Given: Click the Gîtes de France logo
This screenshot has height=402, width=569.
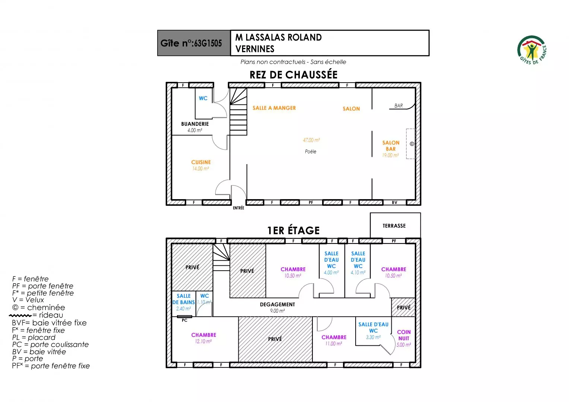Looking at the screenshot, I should click(x=532, y=50).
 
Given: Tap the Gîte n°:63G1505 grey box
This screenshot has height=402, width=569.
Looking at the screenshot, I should click(x=194, y=43).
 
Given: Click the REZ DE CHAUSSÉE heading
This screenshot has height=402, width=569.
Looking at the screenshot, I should click(x=293, y=75).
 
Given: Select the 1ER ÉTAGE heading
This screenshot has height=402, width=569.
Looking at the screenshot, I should click(x=293, y=230).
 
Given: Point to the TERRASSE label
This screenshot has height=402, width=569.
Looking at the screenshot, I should click(x=394, y=226).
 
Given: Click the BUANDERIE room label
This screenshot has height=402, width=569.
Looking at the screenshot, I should click(x=195, y=124).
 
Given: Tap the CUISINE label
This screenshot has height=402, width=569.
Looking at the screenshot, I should click(x=201, y=162).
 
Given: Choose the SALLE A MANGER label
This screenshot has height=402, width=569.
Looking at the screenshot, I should click(x=274, y=108).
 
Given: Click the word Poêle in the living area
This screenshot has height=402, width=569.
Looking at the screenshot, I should click(x=311, y=151).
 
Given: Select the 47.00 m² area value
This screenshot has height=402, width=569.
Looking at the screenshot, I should click(x=311, y=140).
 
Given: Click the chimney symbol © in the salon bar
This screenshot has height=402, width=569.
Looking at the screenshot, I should click(x=412, y=144).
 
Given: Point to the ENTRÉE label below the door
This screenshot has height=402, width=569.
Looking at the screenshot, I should click(x=238, y=208).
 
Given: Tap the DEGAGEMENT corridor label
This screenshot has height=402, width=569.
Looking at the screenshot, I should click(x=277, y=304).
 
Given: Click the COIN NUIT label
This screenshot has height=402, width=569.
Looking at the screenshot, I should click(x=404, y=335).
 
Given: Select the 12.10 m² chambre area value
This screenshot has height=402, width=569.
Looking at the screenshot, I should click(x=203, y=341).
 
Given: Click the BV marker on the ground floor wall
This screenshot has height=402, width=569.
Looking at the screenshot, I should click(x=394, y=202).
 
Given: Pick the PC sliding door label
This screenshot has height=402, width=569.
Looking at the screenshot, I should click(x=185, y=320).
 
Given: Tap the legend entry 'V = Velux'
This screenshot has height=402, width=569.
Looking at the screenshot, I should click(x=28, y=300).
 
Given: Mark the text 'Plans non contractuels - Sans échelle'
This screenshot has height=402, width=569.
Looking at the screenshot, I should click(x=293, y=62).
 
